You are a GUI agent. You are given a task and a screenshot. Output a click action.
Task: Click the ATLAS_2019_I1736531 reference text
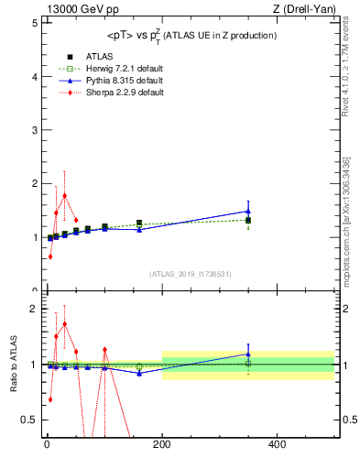[191, 273]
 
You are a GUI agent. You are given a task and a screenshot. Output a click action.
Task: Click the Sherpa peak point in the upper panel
[64, 194]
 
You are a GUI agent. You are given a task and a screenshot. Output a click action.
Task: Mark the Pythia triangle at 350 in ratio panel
[248, 354]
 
